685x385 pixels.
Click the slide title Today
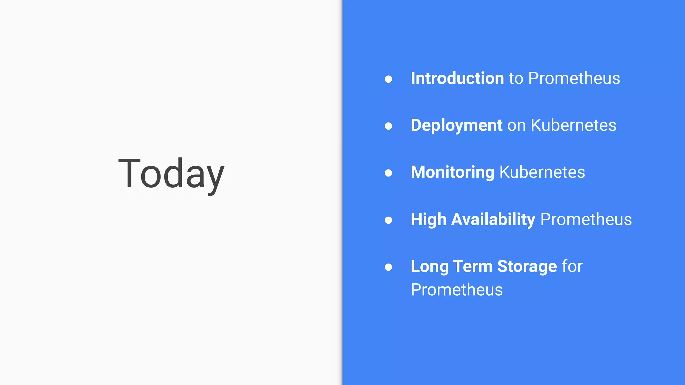click(x=171, y=174)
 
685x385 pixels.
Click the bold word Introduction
click(x=457, y=78)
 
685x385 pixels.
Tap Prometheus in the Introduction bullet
click(x=574, y=78)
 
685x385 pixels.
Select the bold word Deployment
click(x=457, y=126)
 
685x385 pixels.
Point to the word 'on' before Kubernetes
click(x=517, y=126)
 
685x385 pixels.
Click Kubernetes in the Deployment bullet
click(x=574, y=125)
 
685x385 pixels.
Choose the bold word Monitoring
click(x=453, y=172)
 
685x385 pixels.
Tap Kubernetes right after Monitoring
click(x=542, y=172)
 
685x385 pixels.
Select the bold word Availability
click(x=493, y=220)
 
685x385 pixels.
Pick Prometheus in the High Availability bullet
click(x=586, y=220)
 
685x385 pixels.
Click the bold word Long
click(x=429, y=267)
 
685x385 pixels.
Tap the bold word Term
click(x=473, y=266)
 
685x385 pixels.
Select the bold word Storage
click(x=527, y=267)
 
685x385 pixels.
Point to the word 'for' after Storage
click(x=572, y=266)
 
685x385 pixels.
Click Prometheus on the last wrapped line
click(x=457, y=290)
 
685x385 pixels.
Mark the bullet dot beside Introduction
click(x=388, y=79)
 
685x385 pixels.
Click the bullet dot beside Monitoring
click(x=388, y=173)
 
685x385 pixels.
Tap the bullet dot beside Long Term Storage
click(x=388, y=267)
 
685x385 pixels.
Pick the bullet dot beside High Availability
click(x=388, y=220)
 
